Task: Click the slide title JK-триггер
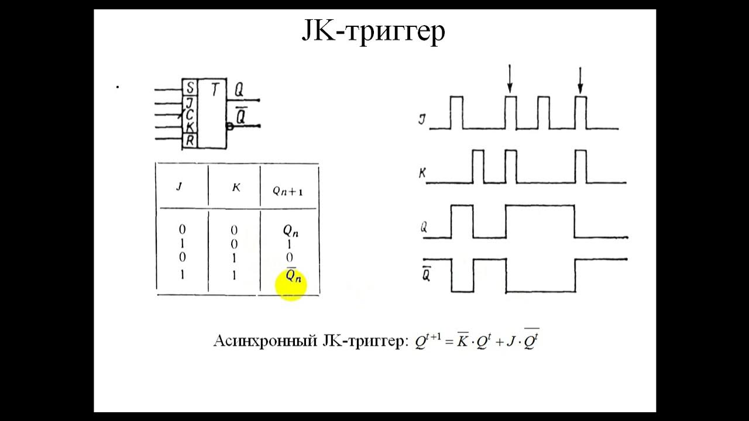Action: click(373, 32)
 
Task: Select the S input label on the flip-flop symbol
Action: click(190, 89)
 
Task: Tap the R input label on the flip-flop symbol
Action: click(190, 140)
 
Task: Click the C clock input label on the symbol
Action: click(190, 115)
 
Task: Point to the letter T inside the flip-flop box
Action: click(215, 90)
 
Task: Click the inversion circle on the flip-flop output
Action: click(229, 126)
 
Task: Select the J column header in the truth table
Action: click(179, 187)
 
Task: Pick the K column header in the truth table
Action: click(236, 187)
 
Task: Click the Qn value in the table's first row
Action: click(290, 231)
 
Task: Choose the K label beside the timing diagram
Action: click(421, 173)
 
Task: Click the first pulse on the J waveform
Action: click(456, 112)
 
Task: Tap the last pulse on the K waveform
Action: click(580, 166)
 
